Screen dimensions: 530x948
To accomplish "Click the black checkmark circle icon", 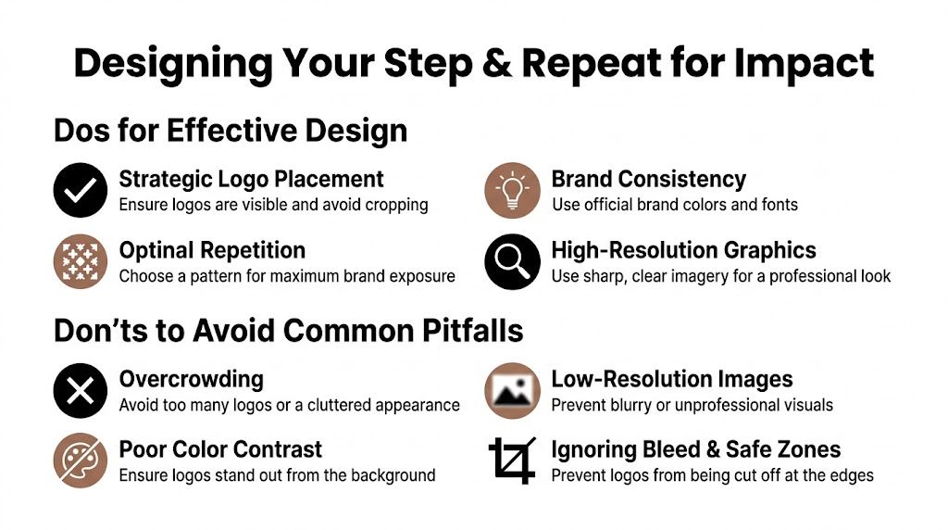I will tap(81, 191).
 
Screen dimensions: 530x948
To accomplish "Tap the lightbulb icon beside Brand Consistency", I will tap(512, 191).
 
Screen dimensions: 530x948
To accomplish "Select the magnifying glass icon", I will tap(512, 261).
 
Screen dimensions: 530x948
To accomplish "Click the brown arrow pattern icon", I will tap(81, 261).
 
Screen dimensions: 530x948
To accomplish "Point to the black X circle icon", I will tap(81, 390).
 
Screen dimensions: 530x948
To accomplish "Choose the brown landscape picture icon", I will tap(512, 390).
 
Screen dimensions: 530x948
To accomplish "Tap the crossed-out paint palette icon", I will tap(81, 461).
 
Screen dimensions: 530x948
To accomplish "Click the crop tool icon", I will tap(512, 461).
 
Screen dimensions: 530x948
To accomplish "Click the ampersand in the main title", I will tap(493, 63).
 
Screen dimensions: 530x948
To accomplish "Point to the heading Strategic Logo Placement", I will tap(251, 179).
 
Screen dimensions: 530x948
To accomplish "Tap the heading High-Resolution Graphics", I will tap(683, 250).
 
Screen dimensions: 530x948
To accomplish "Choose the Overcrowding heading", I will tap(191, 379).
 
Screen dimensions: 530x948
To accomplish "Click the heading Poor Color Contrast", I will tap(220, 450).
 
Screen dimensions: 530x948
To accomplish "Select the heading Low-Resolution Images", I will tap(671, 379).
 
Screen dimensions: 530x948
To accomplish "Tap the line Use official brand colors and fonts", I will tap(674, 205).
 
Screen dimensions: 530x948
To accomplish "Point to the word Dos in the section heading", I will tap(79, 131).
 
